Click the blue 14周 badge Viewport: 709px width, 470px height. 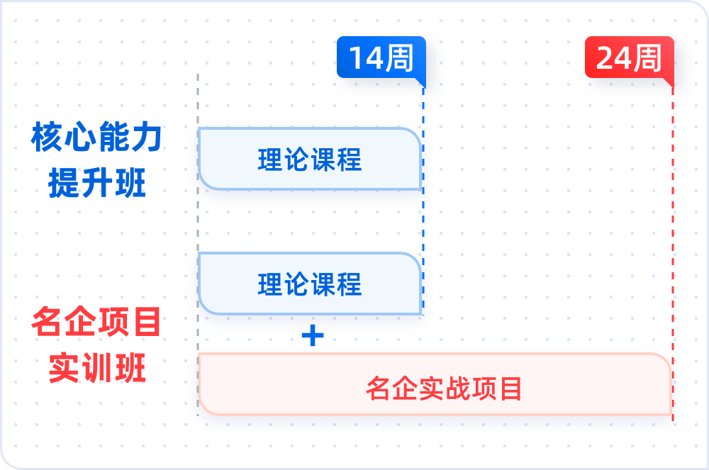pos(381,57)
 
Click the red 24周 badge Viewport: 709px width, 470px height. pos(629,57)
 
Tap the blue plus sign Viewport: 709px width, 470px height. pos(313,336)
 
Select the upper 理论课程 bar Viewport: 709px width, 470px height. pos(310,159)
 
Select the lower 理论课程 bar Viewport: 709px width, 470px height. pos(310,284)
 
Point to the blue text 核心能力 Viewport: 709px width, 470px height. pos(97,138)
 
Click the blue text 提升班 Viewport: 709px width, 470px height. pos(97,184)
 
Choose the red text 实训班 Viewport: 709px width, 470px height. pos(97,369)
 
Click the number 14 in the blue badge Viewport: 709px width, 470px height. pos(365,58)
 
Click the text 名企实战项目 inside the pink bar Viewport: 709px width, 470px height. pos(444,388)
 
